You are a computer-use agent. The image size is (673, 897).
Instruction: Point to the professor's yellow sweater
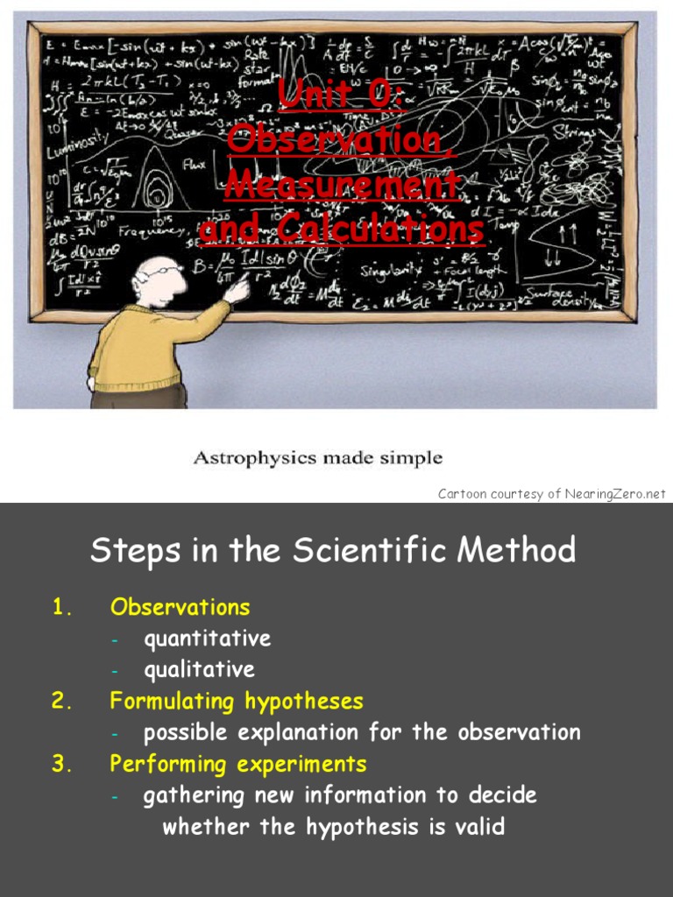(x=140, y=346)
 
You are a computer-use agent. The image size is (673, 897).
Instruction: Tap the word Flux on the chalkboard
(x=195, y=164)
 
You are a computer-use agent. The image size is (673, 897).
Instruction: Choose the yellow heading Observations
(x=180, y=607)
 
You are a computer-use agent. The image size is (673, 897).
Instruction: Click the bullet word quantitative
(x=207, y=639)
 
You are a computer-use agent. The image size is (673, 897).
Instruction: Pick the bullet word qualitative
(x=199, y=670)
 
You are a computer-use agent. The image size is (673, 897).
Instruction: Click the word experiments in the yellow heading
(x=301, y=764)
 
